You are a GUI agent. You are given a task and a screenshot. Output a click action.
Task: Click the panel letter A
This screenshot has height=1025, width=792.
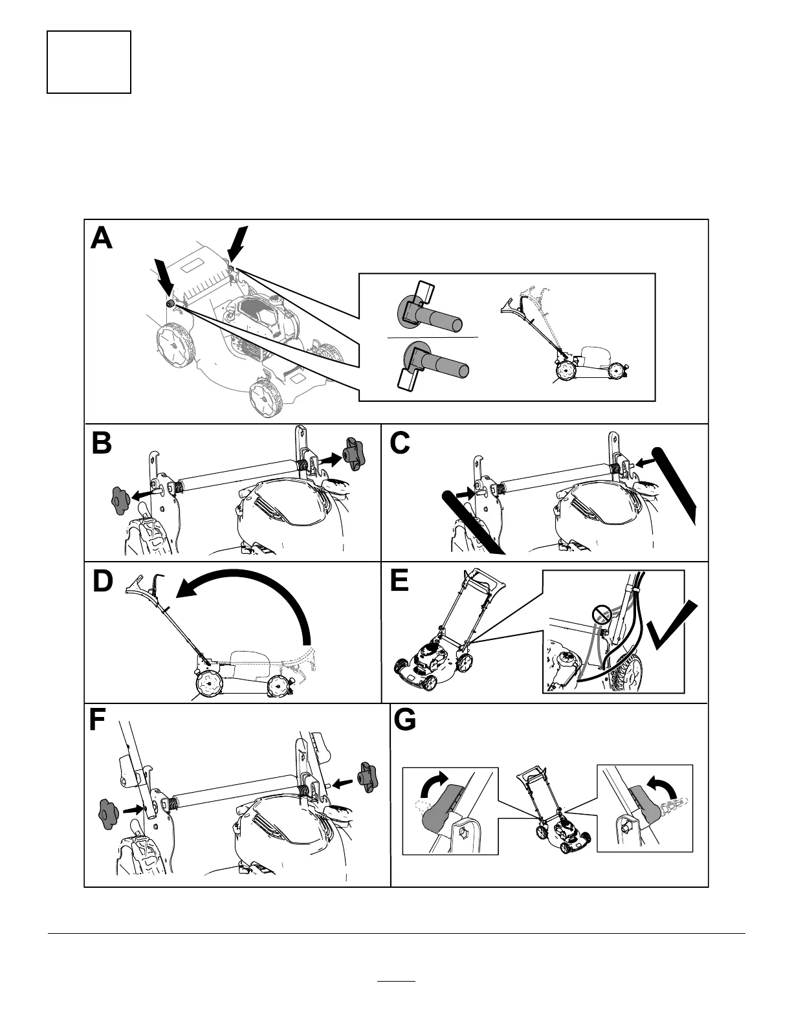[x=102, y=238]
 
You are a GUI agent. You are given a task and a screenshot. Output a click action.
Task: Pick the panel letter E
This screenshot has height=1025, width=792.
[x=399, y=580]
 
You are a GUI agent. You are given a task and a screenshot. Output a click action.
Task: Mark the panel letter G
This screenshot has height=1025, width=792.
[x=405, y=721]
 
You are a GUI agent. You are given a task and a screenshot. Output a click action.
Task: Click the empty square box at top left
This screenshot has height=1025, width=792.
[x=89, y=62]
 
